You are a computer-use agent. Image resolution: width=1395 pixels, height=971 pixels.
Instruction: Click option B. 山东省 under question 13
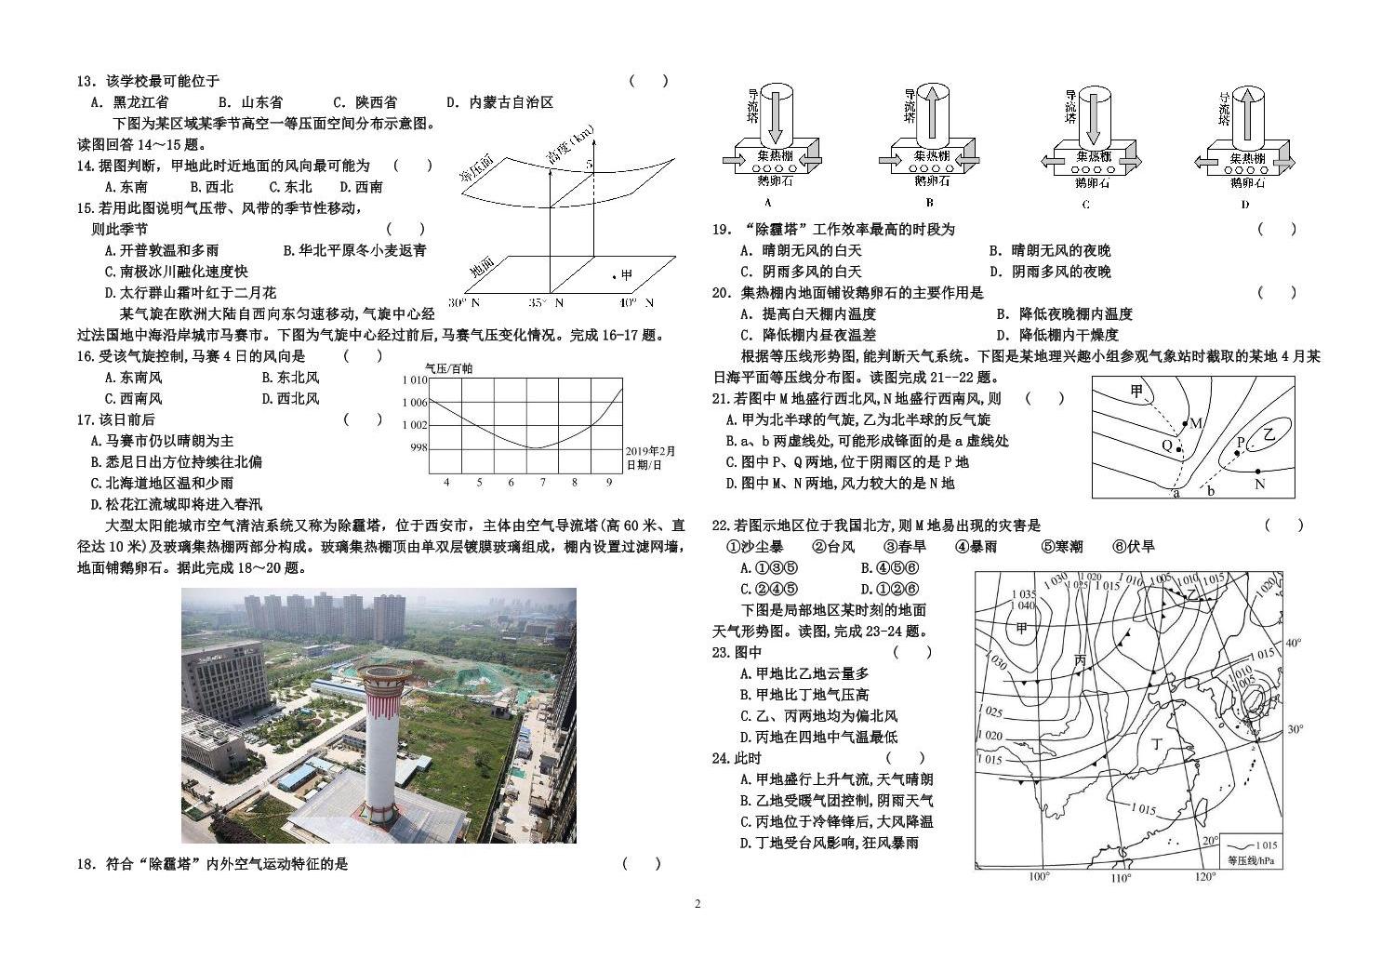point(250,102)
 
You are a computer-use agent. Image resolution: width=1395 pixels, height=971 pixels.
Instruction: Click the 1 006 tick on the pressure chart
point(415,403)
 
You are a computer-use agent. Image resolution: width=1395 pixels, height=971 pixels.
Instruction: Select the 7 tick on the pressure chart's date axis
point(543,482)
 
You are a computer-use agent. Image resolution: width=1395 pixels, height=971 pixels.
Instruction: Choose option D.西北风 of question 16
point(291,398)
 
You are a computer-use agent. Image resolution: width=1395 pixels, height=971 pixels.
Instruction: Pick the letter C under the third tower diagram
point(1085,204)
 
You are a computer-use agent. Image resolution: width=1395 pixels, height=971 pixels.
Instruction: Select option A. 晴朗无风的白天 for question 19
point(801,250)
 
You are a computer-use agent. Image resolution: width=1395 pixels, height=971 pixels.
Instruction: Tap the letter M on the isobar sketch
point(1197,424)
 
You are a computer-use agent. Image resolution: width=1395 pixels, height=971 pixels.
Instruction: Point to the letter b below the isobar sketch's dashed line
point(1210,492)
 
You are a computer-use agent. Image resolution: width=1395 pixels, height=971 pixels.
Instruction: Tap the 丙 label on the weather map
point(1080,660)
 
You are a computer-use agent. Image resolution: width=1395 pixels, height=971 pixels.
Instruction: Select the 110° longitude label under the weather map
point(1121,877)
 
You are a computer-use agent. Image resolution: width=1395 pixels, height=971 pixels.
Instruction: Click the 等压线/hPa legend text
point(1250,860)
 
